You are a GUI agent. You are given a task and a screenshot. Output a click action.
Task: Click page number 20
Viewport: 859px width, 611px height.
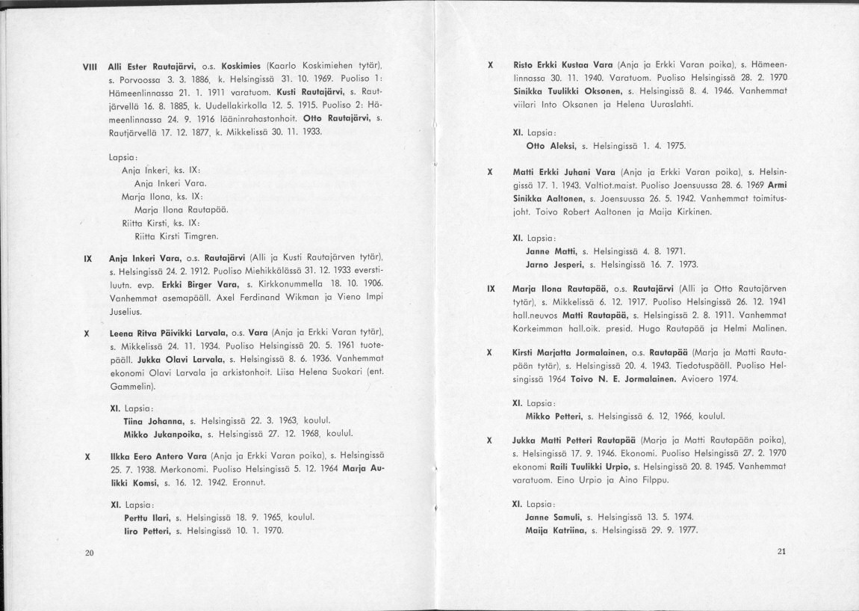tap(90, 553)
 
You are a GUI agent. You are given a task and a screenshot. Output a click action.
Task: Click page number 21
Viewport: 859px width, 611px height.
tap(782, 553)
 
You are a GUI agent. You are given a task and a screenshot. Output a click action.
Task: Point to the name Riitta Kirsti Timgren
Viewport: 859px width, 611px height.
tap(176, 236)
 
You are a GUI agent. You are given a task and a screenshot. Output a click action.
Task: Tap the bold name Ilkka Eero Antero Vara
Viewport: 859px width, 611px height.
tap(158, 455)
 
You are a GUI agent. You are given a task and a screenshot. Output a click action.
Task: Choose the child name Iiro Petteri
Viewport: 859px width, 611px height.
tap(147, 530)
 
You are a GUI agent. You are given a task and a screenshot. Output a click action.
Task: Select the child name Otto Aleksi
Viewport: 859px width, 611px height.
tap(548, 145)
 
